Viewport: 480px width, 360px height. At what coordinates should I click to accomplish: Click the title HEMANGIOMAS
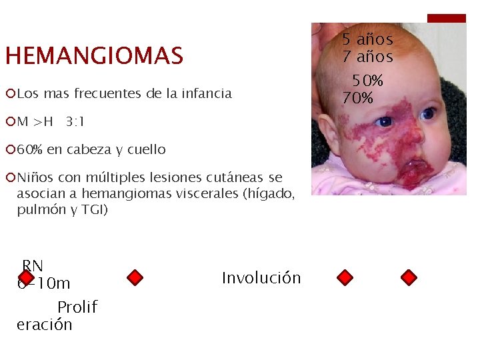coord(94,56)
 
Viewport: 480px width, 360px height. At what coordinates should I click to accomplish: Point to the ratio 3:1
coord(75,122)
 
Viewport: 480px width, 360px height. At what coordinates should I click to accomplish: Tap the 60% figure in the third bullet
coord(30,150)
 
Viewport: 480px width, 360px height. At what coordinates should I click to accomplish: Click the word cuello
coord(143,150)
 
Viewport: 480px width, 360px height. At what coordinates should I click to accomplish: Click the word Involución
coord(261,278)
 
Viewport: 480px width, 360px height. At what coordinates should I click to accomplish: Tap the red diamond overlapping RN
coord(26,277)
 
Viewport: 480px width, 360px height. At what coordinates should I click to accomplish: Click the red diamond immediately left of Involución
coord(135,277)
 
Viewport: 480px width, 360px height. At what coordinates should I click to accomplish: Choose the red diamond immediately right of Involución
coord(345,277)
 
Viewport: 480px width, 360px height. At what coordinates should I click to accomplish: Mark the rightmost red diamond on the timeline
coord(409,277)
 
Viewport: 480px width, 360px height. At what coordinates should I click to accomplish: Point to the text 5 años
coord(367,40)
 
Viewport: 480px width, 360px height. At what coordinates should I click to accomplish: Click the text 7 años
coord(367,57)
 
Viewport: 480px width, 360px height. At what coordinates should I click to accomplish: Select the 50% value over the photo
coord(368,81)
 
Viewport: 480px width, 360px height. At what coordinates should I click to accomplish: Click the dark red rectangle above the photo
coord(446,18)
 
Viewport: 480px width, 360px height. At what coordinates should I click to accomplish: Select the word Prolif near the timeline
coord(77,307)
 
